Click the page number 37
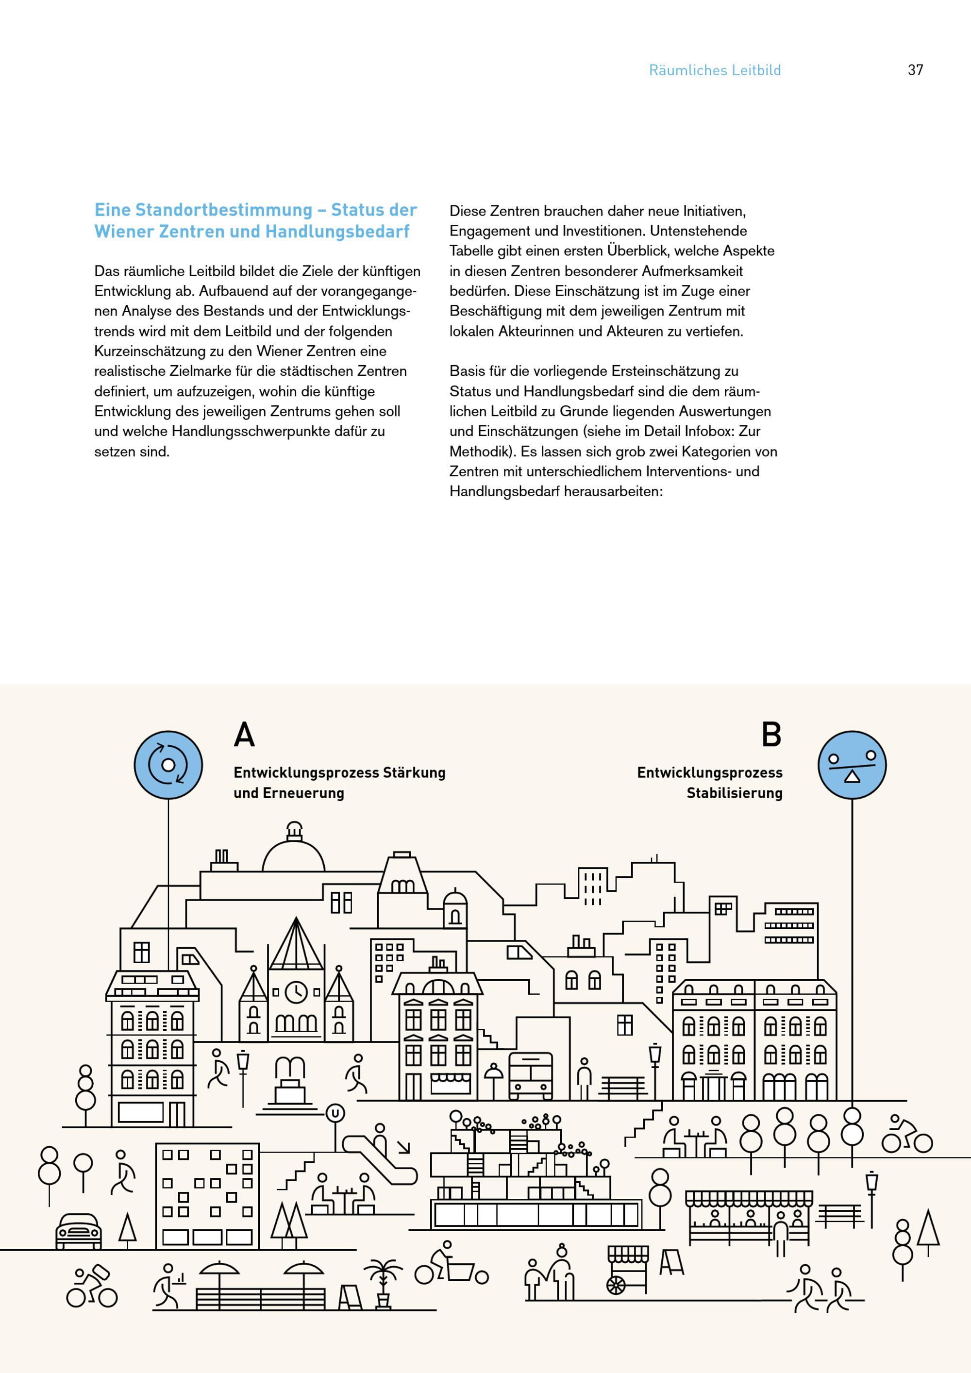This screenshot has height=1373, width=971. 915,70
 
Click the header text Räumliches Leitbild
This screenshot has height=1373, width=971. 715,70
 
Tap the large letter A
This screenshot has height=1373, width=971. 244,735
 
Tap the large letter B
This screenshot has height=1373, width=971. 771,735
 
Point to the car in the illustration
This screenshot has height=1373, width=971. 78,1232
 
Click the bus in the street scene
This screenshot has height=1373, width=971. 530,1076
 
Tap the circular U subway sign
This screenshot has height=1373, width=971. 335,1113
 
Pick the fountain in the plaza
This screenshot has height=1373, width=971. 290,1083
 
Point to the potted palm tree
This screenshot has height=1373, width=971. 383,1282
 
